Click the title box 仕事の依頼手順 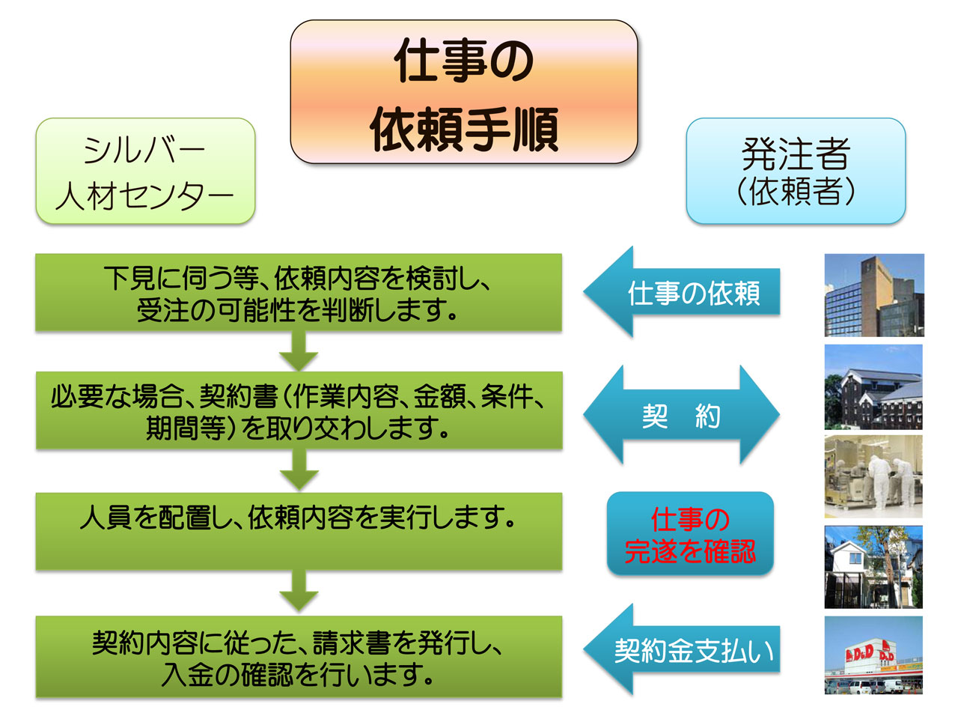(x=463, y=91)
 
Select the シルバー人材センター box (x=145, y=171)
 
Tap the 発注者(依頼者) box (x=796, y=171)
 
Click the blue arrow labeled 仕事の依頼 (x=681, y=291)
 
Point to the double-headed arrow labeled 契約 (x=681, y=414)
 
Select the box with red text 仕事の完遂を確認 (x=690, y=533)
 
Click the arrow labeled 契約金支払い (x=681, y=649)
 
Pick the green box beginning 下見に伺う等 (x=299, y=293)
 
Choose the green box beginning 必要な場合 (x=299, y=410)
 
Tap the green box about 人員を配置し (x=299, y=531)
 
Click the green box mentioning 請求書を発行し (x=299, y=657)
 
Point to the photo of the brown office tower (x=874, y=295)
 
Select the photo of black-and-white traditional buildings (x=873, y=386)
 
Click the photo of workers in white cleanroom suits (x=873, y=476)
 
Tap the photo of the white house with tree (x=873, y=567)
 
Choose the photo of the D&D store (x=873, y=655)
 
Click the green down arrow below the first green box (x=299, y=351)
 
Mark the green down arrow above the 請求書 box (x=299, y=592)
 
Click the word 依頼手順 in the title (x=464, y=130)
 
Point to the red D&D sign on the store (x=859, y=653)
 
